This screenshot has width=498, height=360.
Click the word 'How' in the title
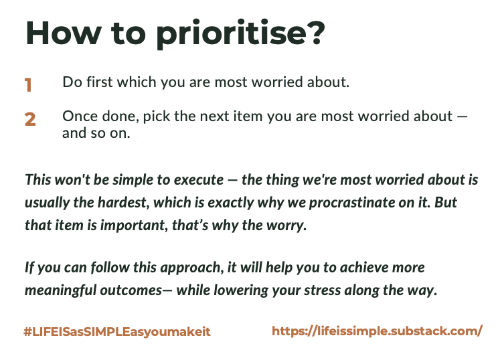tap(64, 33)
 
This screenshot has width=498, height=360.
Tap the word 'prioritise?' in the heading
tap(241, 34)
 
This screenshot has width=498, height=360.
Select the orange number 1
tap(28, 85)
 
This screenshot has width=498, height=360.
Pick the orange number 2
tap(30, 119)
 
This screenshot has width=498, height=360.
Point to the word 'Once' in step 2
tap(80, 116)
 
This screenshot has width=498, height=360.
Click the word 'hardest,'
tap(124, 203)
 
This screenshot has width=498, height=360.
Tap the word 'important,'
tap(134, 226)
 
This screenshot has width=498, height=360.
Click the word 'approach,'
tap(191, 268)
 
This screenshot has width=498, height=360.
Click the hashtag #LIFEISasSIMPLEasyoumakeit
tap(117, 332)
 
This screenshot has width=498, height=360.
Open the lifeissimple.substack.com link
tap(378, 331)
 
